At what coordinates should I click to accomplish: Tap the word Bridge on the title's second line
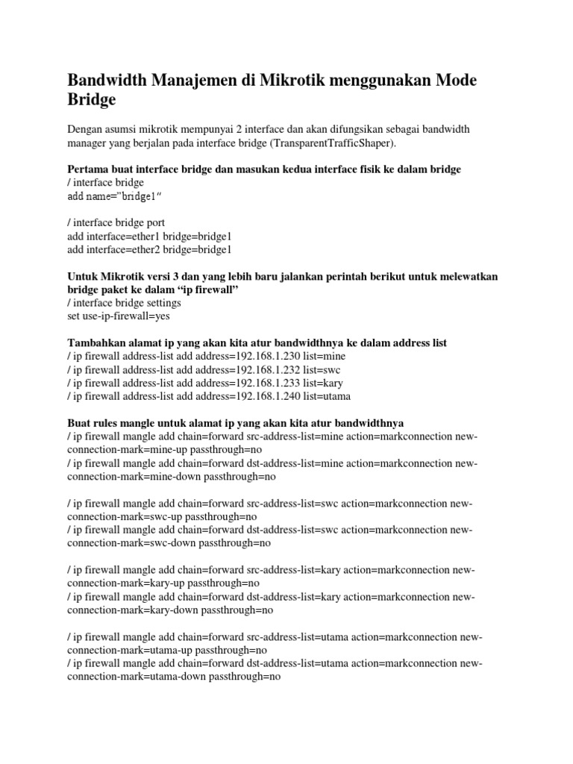(x=93, y=99)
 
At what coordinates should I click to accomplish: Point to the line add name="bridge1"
(x=114, y=195)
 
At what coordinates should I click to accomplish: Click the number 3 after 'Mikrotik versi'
(x=187, y=276)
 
